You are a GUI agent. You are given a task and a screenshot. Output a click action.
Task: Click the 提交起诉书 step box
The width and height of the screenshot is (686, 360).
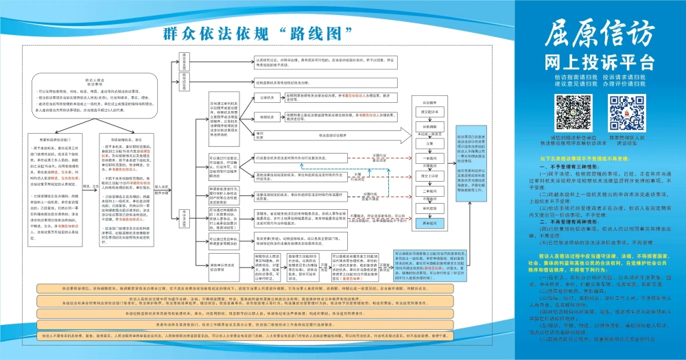point(429,113)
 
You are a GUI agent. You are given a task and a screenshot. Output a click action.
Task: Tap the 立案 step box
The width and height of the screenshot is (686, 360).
point(429,144)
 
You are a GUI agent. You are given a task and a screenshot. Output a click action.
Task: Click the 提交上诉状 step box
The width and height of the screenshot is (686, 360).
point(429,176)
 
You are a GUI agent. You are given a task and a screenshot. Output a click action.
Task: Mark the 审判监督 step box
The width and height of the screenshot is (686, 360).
point(429,207)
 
